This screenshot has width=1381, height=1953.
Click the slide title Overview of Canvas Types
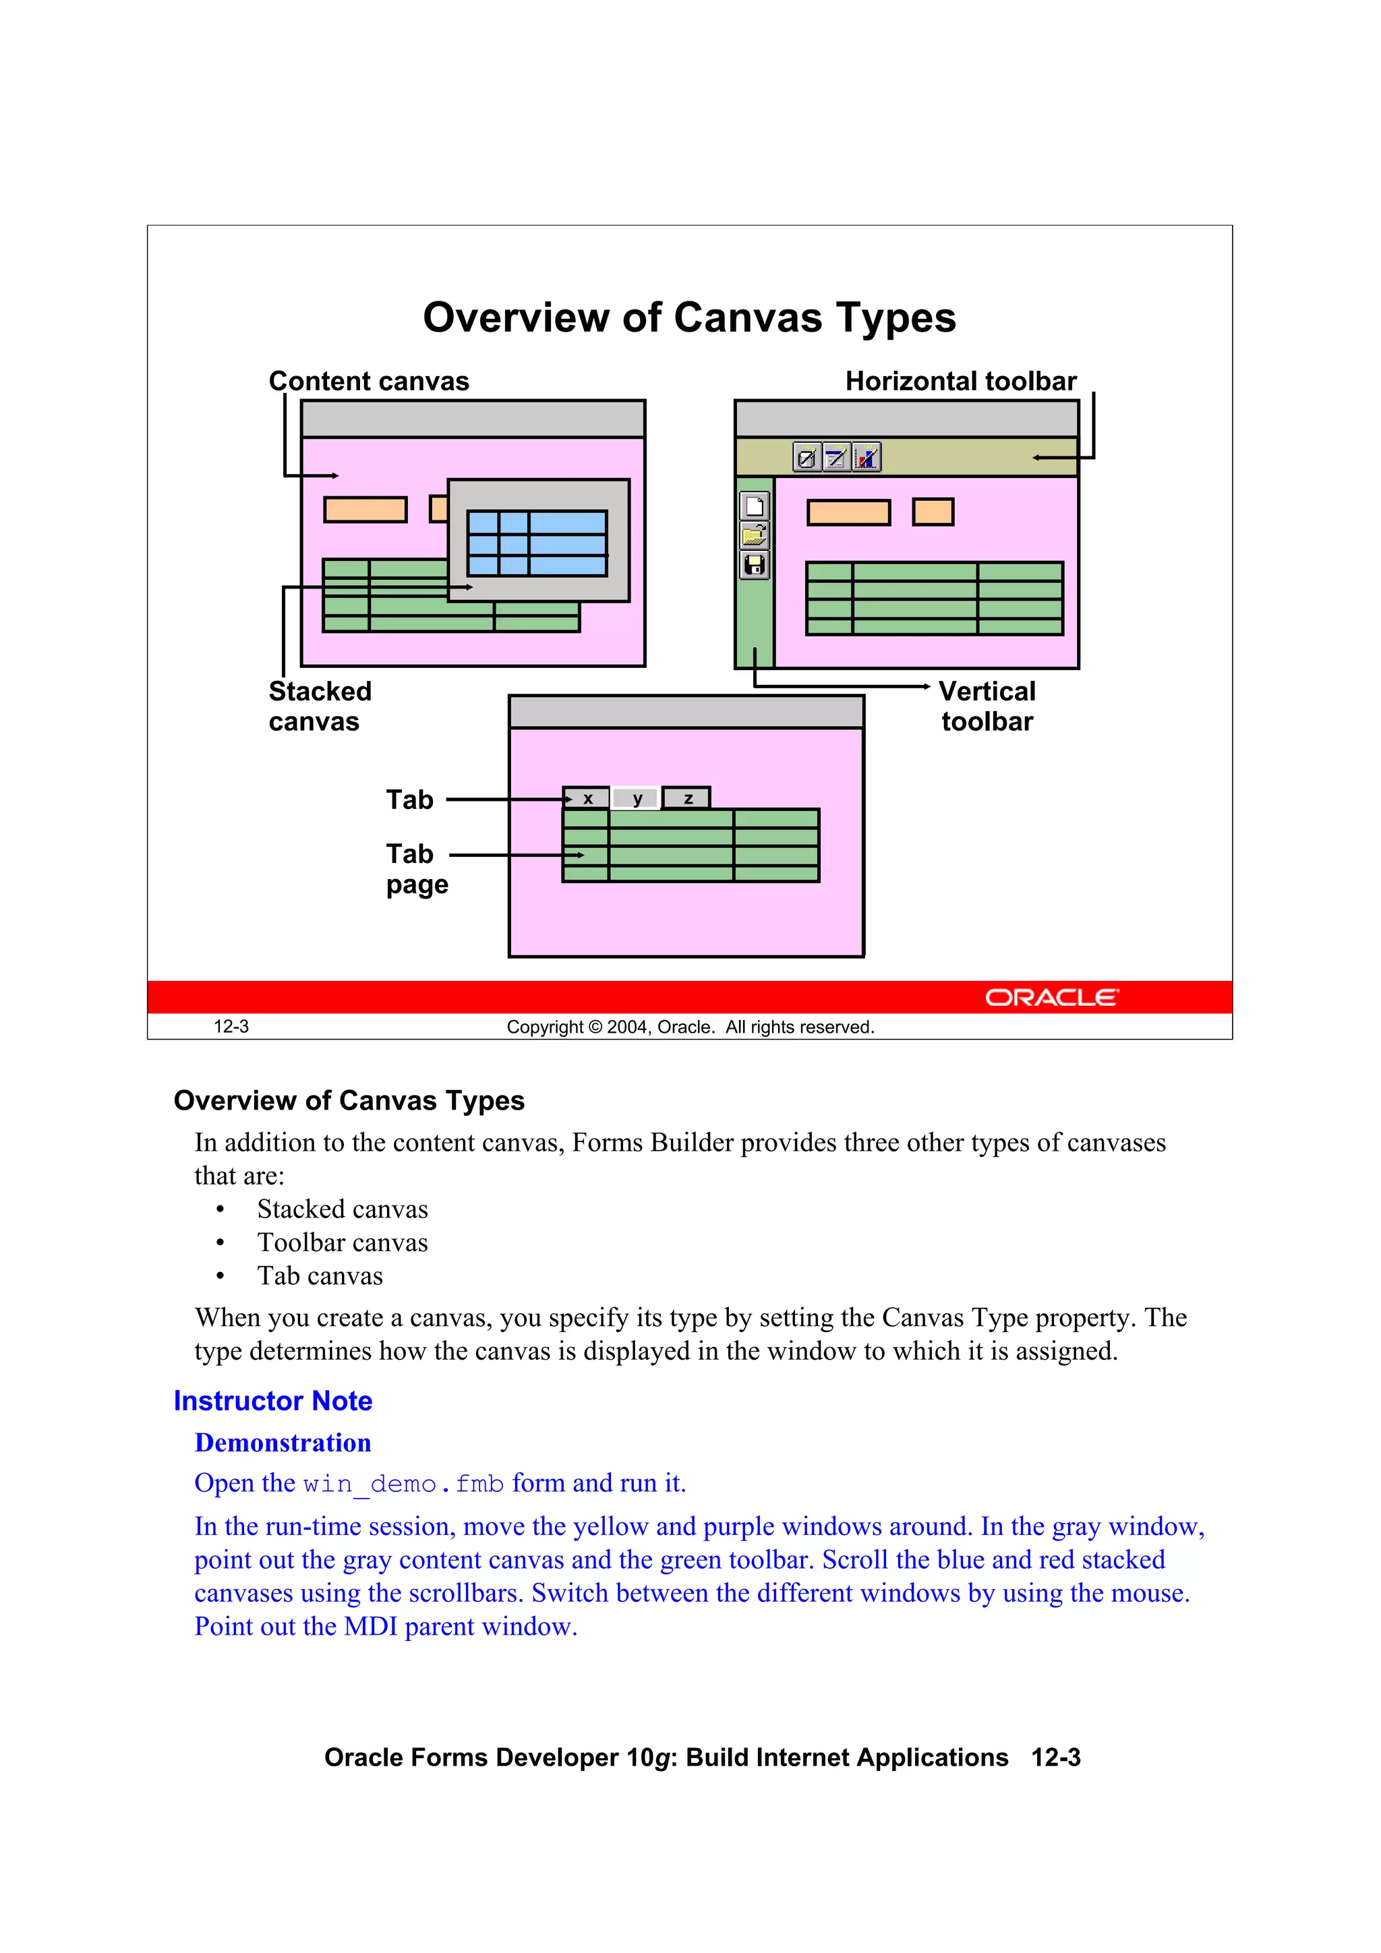coord(689,318)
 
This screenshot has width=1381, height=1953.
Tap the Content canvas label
coord(368,381)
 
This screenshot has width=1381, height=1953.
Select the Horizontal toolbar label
coord(961,381)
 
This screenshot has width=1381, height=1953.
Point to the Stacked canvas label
coord(320,706)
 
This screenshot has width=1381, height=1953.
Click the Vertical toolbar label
coord(987,706)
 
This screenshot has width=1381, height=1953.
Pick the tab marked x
coord(588,799)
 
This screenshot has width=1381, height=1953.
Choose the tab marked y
coord(637,799)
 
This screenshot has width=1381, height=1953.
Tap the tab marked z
coord(688,799)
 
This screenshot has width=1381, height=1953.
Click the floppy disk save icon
coord(755,565)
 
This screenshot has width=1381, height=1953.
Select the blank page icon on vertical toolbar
coord(755,507)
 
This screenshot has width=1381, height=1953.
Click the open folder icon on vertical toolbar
coord(755,536)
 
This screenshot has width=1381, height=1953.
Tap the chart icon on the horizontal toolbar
coord(866,458)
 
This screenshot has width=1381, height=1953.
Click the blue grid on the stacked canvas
coord(537,543)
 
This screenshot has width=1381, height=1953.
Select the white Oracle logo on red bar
coord(1052,997)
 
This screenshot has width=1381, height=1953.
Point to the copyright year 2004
coord(627,1027)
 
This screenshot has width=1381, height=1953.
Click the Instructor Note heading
coord(273,1401)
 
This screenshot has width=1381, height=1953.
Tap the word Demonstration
coord(283,1443)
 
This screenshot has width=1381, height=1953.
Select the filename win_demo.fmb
coord(403,1484)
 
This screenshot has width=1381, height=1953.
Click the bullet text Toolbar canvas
coord(342,1242)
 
